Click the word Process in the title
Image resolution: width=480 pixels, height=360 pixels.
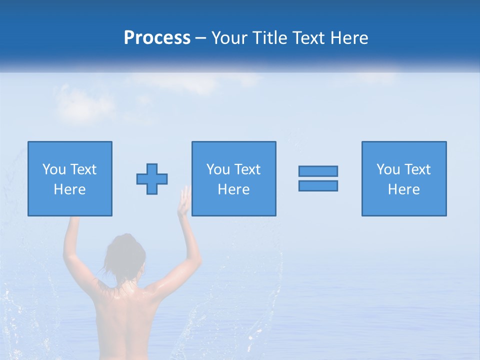tap(157, 38)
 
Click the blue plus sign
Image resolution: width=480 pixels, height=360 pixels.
tap(152, 179)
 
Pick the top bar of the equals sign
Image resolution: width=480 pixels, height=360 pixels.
tap(318, 171)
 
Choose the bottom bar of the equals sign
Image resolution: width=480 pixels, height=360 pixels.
tap(318, 185)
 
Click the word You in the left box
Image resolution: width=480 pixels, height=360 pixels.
tap(54, 169)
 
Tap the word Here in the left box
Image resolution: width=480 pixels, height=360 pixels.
tap(70, 189)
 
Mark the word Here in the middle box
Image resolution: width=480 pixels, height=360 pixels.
tap(234, 189)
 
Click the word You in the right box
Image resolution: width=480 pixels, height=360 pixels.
tap(388, 169)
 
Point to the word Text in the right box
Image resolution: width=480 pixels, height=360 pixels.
tap(418, 169)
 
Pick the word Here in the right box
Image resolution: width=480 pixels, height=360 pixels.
tap(404, 189)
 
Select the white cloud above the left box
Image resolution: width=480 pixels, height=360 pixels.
tap(85, 102)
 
